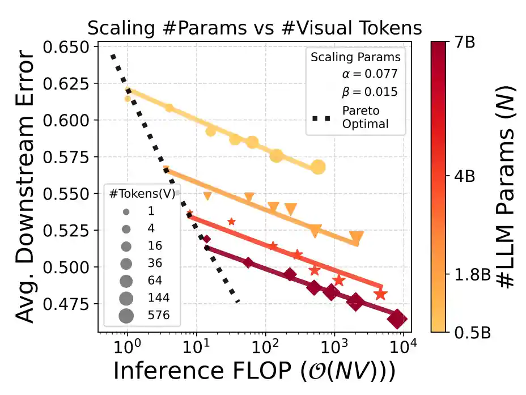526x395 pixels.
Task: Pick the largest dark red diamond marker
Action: pos(397,320)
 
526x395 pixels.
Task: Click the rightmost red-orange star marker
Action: pos(380,294)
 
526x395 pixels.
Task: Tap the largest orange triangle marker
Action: pos(356,237)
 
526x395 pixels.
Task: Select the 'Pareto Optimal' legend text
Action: pos(360,117)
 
